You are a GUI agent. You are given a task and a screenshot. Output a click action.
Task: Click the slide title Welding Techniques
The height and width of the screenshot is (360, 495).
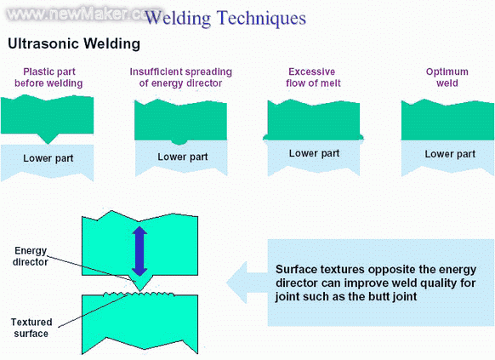[x=225, y=18]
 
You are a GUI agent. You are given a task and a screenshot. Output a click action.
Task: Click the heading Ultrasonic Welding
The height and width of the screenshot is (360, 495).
[x=74, y=43]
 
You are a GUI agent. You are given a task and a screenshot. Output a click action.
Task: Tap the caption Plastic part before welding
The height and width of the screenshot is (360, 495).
[x=48, y=77]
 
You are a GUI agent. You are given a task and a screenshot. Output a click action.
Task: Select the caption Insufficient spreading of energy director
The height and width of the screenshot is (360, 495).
[x=181, y=77]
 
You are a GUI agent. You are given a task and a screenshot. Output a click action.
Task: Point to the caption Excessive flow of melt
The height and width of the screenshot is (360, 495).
[x=313, y=77]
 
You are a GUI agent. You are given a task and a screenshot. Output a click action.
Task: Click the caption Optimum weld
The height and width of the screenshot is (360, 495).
[x=447, y=77]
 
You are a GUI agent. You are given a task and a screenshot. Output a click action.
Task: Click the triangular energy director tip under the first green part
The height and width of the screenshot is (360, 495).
[x=48, y=139]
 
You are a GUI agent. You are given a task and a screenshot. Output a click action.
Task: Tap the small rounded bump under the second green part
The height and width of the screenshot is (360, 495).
[x=179, y=142]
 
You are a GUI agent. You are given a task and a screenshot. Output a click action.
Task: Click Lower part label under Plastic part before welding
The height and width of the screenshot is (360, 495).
[x=48, y=158]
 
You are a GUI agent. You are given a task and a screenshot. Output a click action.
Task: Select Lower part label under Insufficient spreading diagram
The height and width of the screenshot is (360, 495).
[x=183, y=157]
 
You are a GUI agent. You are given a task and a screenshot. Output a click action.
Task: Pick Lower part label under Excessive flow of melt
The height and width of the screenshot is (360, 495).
[x=314, y=153]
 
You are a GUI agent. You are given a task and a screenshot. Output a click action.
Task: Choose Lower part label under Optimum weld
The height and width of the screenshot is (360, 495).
[x=450, y=154]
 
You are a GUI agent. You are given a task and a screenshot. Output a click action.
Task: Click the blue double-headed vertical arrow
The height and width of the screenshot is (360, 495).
[x=139, y=251]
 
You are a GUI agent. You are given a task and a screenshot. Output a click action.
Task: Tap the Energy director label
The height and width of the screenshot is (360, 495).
[x=31, y=256]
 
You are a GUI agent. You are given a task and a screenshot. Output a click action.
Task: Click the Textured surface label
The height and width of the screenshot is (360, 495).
[x=31, y=328]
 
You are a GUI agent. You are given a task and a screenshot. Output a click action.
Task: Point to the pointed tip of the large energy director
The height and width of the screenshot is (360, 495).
[x=139, y=290]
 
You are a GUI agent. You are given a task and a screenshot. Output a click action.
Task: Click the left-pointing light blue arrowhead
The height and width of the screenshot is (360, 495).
[x=236, y=283]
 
